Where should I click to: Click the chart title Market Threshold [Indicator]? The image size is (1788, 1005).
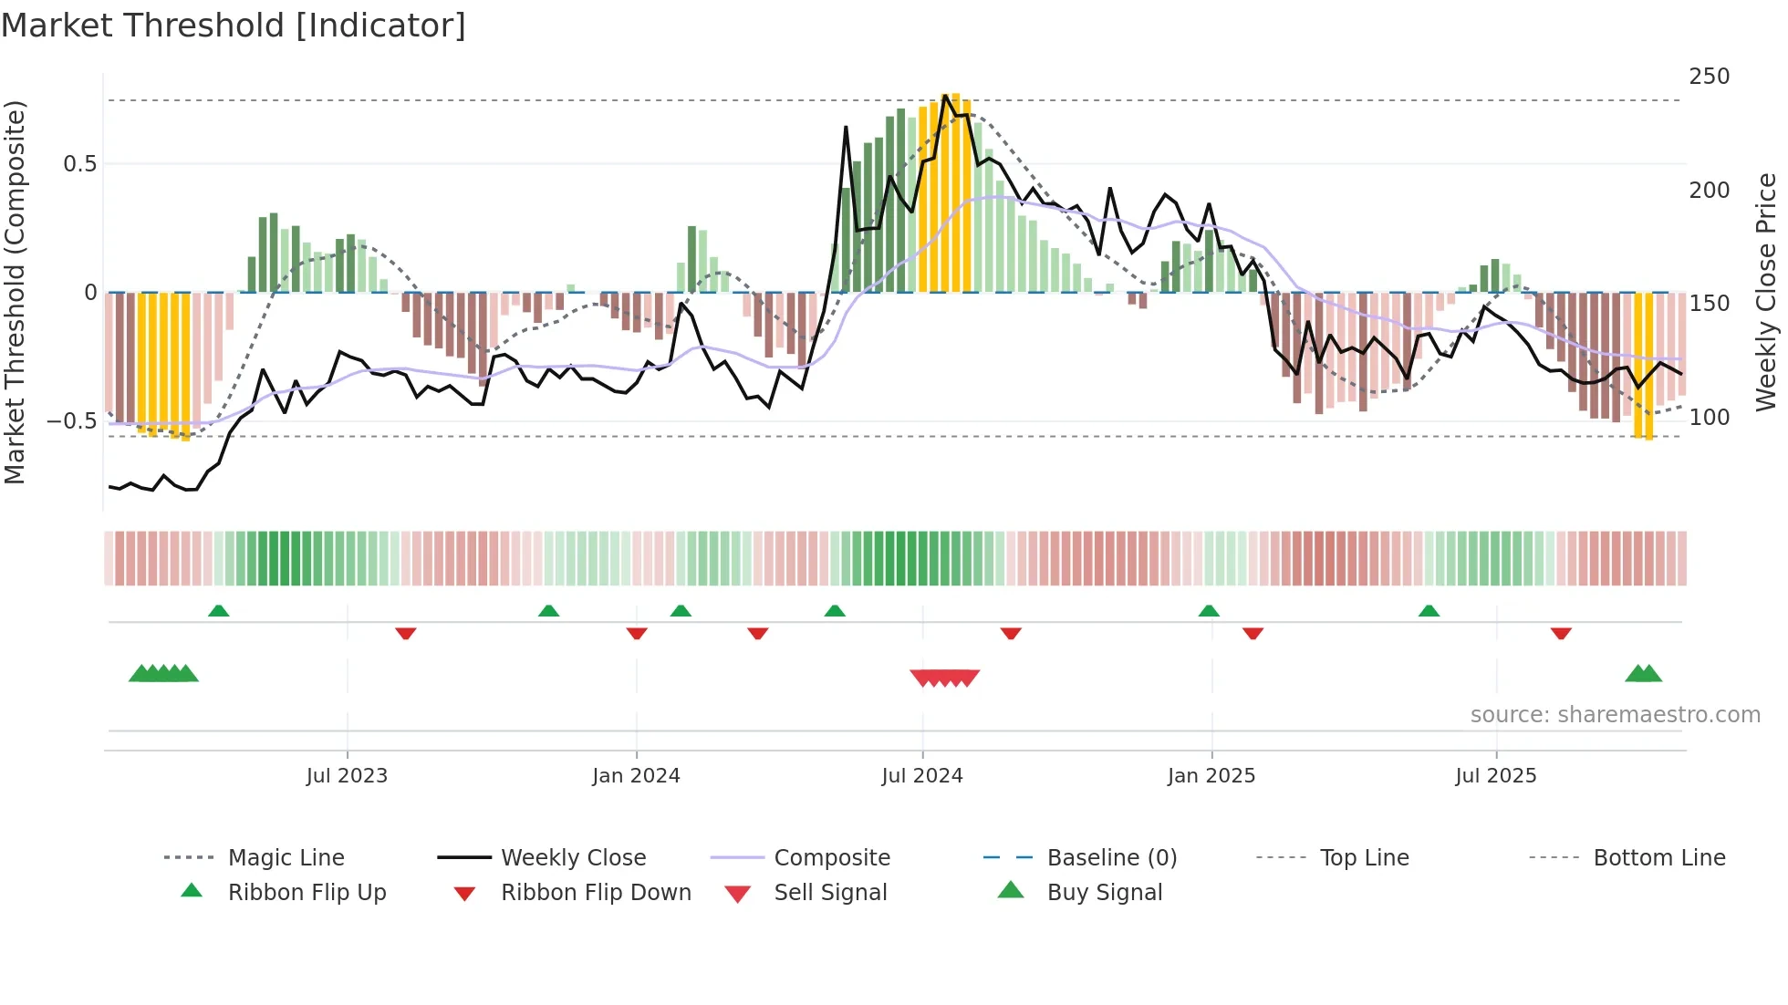pyautogui.click(x=234, y=26)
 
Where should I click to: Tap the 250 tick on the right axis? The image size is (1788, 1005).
pyautogui.click(x=1709, y=77)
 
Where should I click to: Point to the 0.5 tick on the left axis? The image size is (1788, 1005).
pyautogui.click(x=80, y=164)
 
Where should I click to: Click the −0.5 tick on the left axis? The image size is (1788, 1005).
pyautogui.click(x=72, y=421)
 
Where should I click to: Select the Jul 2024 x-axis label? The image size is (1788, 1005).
pyautogui.click(x=921, y=776)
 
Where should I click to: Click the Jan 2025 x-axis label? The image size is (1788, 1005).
pyautogui.click(x=1211, y=776)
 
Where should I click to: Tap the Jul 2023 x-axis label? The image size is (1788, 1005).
pyautogui.click(x=347, y=776)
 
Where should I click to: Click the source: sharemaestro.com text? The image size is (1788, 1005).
pyautogui.click(x=1615, y=715)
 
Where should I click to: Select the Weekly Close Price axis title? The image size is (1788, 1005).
pyautogui.click(x=1766, y=292)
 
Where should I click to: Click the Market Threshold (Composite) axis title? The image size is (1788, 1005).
pyautogui.click(x=15, y=292)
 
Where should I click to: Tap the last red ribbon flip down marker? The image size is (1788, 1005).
pyautogui.click(x=1561, y=633)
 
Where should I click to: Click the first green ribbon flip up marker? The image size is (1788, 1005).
pyautogui.click(x=218, y=611)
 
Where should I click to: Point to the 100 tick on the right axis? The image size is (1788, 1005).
pyautogui.click(x=1709, y=418)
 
